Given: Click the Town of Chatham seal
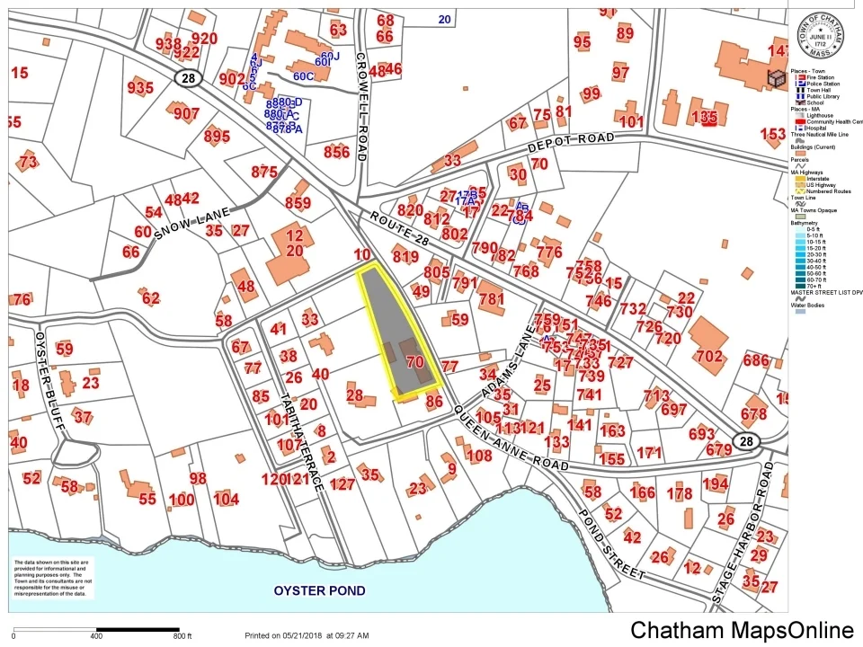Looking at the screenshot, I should (824, 35).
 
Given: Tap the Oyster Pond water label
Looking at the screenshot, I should (320, 590).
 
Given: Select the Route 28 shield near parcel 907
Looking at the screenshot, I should (187, 80).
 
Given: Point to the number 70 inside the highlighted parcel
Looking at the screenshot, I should (414, 363).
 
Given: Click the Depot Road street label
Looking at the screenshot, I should (573, 143).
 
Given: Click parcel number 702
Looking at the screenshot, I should (708, 357).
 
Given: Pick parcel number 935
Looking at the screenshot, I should (140, 87).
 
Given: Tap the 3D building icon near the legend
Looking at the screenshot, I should (774, 80).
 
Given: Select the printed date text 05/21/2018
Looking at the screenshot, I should (304, 635).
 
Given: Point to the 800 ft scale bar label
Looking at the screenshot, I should (183, 636).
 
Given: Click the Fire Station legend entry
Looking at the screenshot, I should (814, 78).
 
